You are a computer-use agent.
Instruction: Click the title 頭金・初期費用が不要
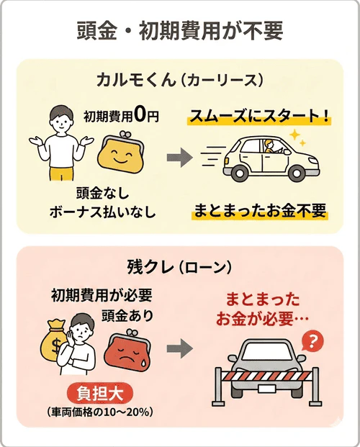(180, 31)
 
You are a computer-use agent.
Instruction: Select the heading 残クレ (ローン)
(179, 266)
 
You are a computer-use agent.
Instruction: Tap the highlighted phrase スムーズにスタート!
(259, 116)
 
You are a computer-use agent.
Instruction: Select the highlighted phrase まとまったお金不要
(260, 211)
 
